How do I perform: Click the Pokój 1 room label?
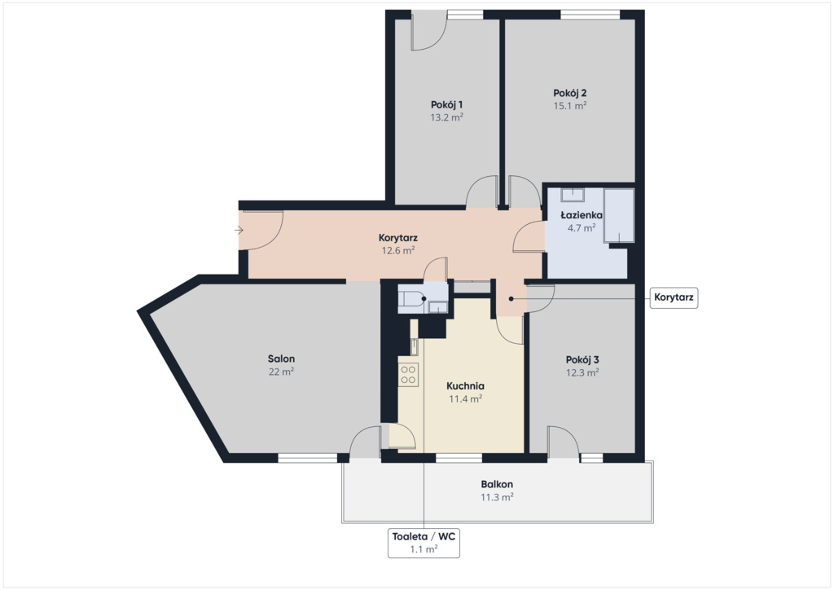pos(446,104)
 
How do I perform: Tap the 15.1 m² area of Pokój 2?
pos(569,105)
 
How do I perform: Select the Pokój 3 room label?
pos(582,359)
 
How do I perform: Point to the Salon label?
pos(281,359)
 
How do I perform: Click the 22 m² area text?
pos(281,372)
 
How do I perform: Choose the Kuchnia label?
pos(465,385)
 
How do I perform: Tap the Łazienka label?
pos(582,215)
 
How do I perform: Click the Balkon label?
pos(497,484)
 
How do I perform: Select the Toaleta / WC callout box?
pos(424,543)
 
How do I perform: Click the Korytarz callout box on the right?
pos(674,297)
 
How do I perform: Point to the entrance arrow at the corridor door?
pos(239,231)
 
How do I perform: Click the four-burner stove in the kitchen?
pos(409,373)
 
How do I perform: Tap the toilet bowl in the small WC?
pos(412,299)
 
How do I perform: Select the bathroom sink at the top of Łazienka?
pos(573,195)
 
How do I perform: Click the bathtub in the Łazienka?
pos(619,215)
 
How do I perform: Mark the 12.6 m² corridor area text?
pos(397,250)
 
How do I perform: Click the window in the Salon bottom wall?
pos(307,457)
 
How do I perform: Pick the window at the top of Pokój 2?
pos(590,15)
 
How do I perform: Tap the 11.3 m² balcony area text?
pos(497,497)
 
